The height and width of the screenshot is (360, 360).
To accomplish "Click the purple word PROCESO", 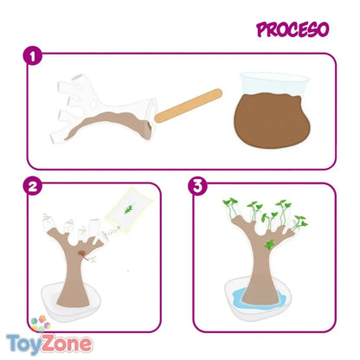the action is [292, 29].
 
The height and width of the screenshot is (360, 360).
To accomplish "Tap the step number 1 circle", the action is [33, 55].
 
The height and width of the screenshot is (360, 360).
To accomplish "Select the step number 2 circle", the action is [33, 186].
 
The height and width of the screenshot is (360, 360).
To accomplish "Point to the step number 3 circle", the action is [197, 186].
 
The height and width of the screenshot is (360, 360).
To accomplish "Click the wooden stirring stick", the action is [189, 106].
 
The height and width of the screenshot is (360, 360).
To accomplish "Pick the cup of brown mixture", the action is [273, 111].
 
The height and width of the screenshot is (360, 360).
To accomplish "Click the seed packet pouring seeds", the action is [130, 209].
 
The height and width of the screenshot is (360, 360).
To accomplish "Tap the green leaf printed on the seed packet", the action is [130, 208].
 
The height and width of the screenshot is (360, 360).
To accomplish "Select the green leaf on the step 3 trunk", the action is [269, 245].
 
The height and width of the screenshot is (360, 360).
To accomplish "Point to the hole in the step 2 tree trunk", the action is [82, 254].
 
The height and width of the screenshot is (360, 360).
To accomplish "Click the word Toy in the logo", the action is [23, 344].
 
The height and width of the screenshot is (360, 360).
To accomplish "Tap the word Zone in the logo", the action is [67, 343].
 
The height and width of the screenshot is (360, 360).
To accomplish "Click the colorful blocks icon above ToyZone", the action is [41, 324].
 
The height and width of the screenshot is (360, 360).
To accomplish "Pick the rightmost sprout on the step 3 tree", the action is [299, 222].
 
